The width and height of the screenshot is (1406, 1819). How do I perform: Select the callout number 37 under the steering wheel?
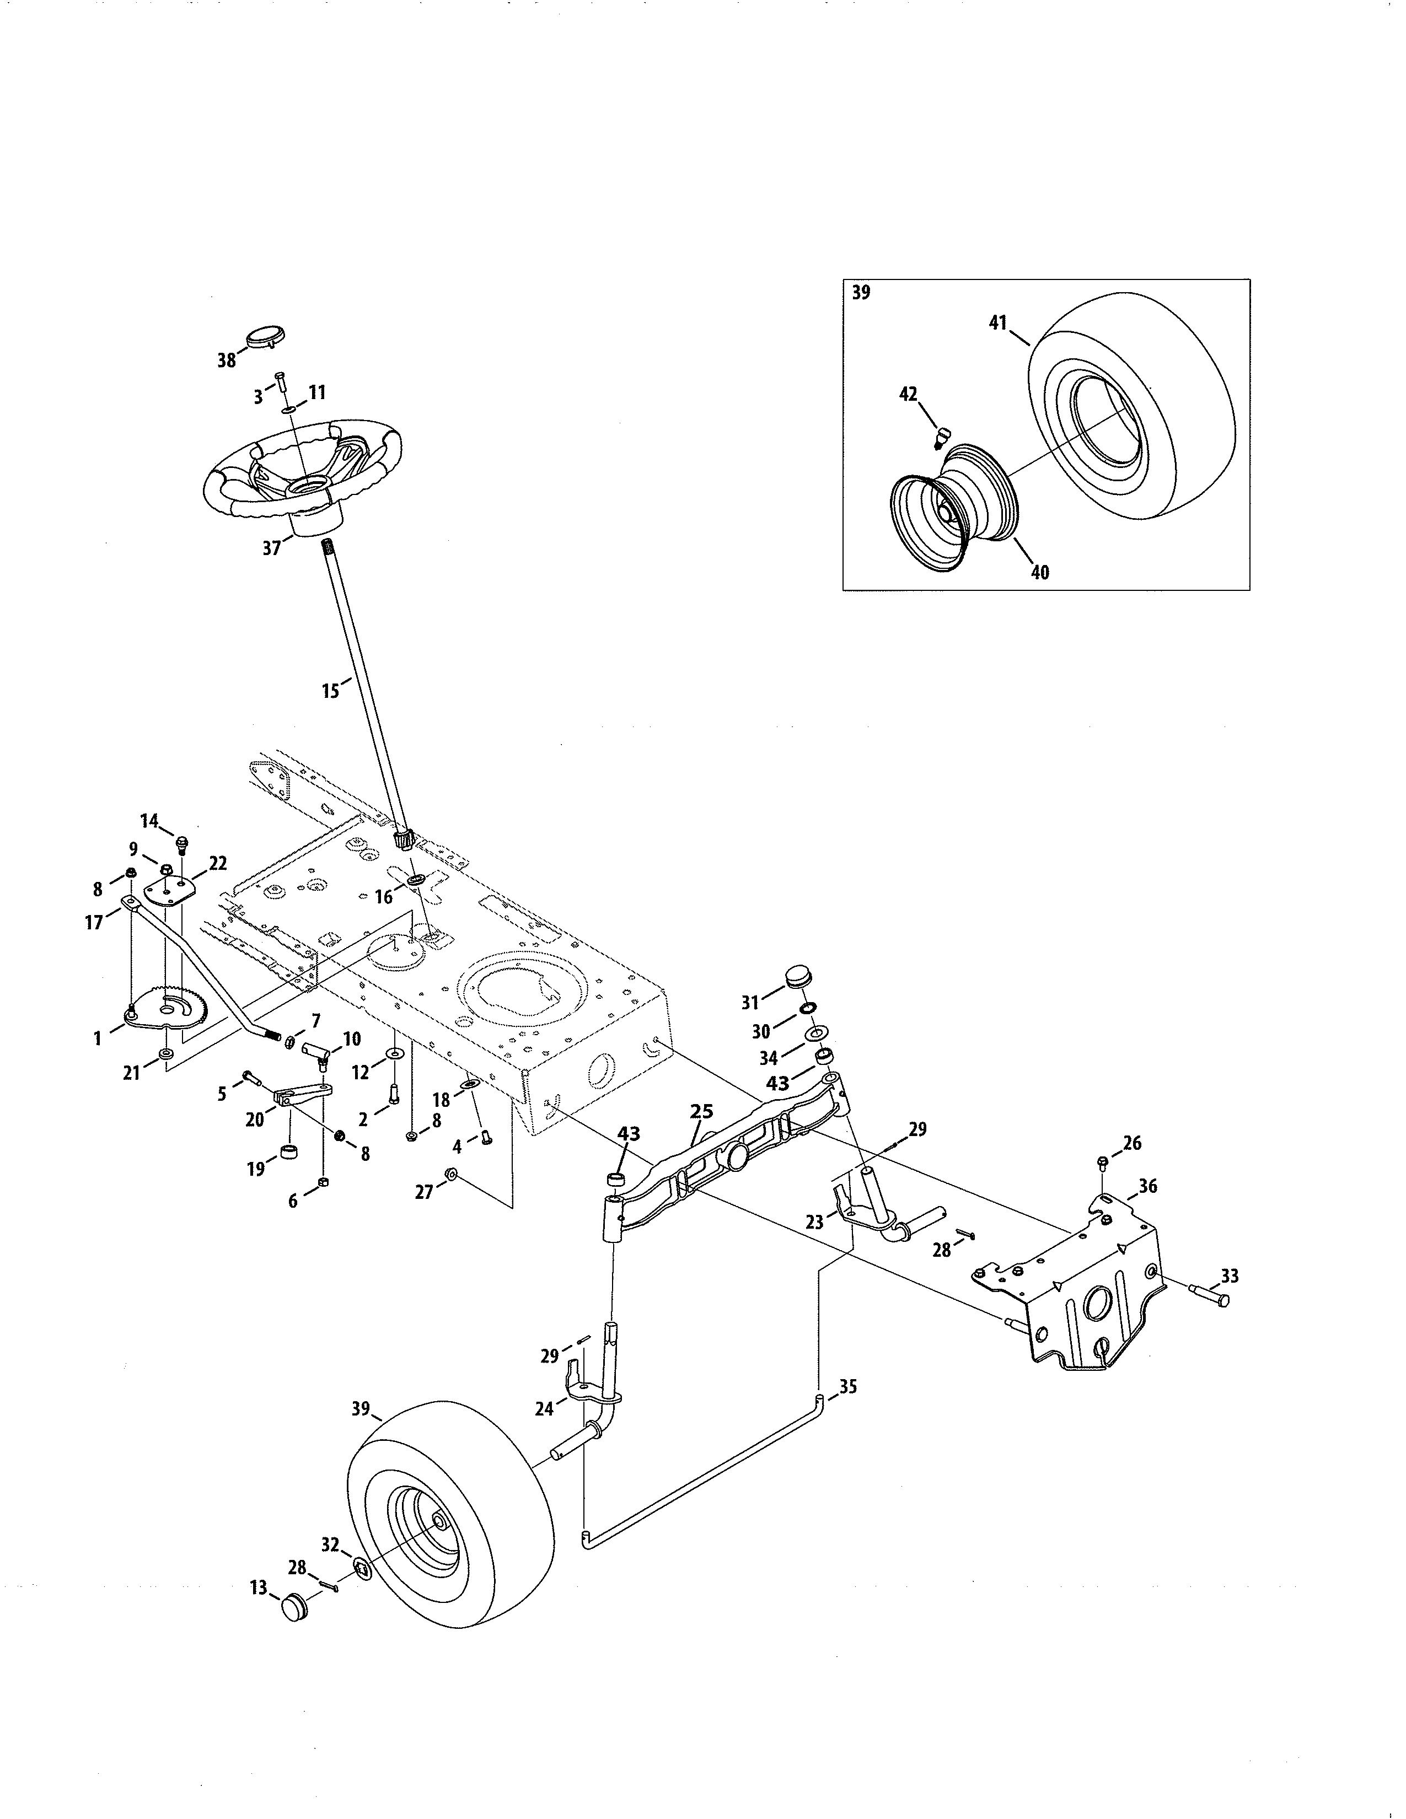[x=271, y=549]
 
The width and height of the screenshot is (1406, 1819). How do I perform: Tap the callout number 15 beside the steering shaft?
[x=331, y=691]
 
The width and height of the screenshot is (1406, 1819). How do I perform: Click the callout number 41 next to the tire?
[x=999, y=323]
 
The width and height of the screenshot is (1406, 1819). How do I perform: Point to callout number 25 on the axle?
[x=702, y=1112]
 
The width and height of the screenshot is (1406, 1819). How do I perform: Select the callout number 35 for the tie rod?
[x=848, y=1387]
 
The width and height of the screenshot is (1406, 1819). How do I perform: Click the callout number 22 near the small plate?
[x=218, y=864]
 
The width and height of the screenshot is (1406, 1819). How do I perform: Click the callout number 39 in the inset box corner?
[x=861, y=293]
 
